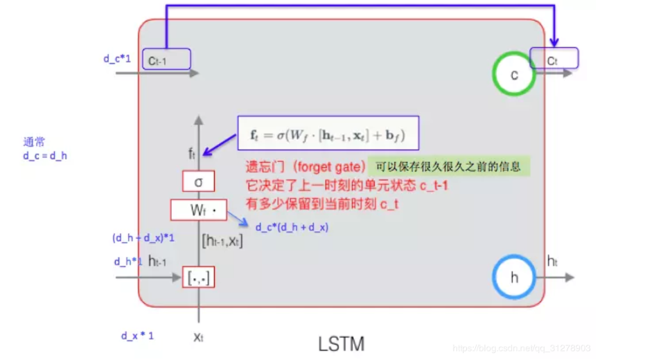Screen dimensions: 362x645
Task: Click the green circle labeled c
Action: pos(514,75)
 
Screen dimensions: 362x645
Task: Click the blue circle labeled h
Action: pos(513,278)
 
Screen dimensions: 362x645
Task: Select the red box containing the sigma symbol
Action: pos(198,182)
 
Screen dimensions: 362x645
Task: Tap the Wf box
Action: pos(198,210)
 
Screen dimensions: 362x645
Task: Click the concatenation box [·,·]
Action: pos(198,278)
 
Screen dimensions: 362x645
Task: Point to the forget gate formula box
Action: pos(328,133)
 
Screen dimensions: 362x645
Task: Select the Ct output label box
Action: pos(554,59)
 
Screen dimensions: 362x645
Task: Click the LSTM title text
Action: pos(341,343)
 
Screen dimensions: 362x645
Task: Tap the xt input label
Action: pos(198,337)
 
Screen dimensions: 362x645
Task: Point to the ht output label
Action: pos(552,262)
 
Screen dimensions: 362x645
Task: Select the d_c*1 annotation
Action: pos(118,59)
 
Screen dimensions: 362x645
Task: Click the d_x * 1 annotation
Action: pos(137,336)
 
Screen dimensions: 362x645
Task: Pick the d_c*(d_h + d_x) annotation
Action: pos(292,227)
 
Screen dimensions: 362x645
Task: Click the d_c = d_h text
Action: pos(45,156)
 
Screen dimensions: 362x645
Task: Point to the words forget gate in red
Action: pos(330,168)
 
